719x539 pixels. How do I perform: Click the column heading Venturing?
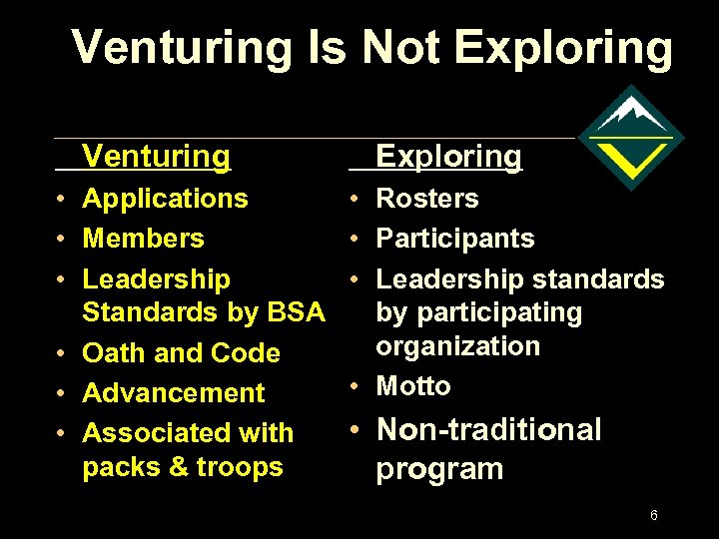tap(156, 156)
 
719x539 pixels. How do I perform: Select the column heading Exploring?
tap(448, 156)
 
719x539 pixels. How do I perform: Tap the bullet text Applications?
tap(165, 198)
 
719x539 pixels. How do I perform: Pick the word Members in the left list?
tap(143, 239)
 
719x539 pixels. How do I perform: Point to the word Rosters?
tap(426, 198)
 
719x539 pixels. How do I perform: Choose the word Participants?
tap(454, 239)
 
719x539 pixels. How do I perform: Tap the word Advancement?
tap(173, 393)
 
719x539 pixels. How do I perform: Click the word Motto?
tap(412, 386)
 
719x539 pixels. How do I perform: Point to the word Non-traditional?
tap(488, 430)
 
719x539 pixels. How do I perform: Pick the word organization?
tap(457, 346)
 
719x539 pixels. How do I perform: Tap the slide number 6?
tap(653, 515)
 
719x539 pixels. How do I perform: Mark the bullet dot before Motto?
tap(356, 387)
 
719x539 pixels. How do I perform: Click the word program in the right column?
tap(439, 469)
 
